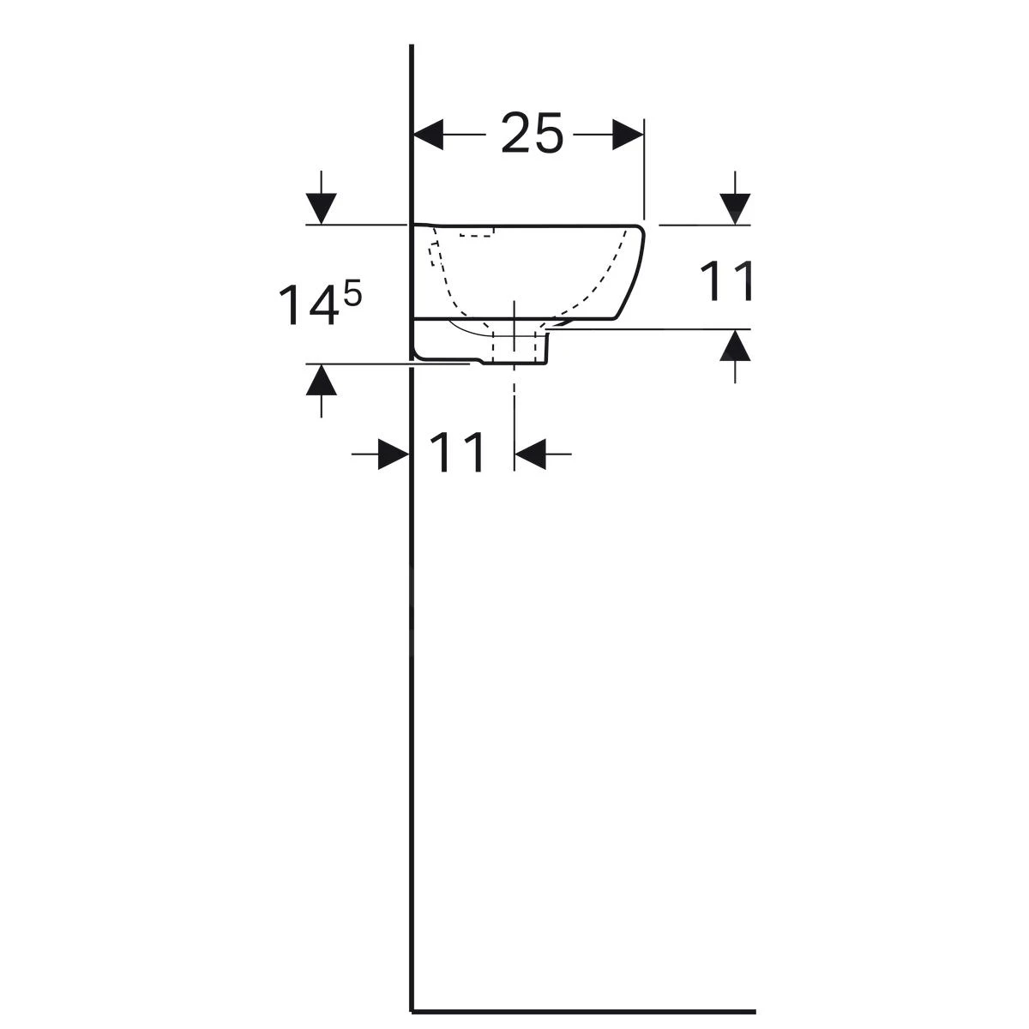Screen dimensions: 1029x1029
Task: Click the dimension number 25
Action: point(532,133)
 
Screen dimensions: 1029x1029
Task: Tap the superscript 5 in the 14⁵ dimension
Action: point(352,294)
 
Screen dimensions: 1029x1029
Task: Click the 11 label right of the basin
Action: point(726,280)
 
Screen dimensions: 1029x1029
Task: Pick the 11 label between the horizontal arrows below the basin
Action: point(457,452)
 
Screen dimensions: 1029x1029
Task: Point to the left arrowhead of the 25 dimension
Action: point(428,135)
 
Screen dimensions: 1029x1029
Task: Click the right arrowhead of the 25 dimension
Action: point(628,135)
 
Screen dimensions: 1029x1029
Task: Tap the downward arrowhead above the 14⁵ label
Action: point(321,208)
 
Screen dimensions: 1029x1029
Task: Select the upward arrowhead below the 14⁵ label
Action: point(321,380)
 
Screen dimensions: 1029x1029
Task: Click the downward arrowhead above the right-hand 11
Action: point(735,208)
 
